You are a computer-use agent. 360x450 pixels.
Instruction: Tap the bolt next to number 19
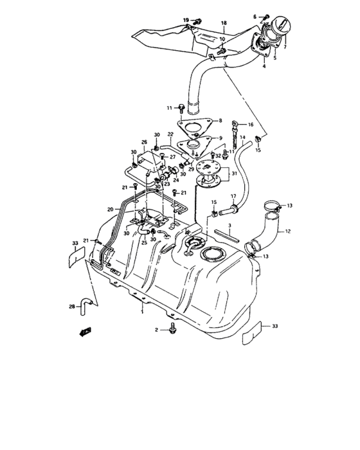[x=198, y=22]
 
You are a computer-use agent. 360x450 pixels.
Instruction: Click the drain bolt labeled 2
[x=173, y=330]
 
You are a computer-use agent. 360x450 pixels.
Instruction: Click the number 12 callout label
[x=288, y=231]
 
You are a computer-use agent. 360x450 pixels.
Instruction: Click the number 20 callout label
[x=111, y=209]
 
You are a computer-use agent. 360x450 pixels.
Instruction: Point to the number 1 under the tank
[x=142, y=310]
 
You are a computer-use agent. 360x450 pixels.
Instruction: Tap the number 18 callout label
[x=224, y=23]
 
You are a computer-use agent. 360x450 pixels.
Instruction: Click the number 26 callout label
[x=144, y=142]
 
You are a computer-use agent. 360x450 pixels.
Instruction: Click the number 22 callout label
[x=170, y=134]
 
